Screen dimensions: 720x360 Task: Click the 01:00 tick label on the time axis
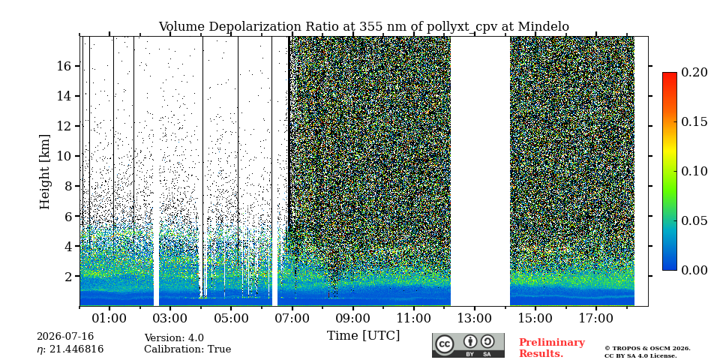109,318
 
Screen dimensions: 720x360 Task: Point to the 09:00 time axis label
352,318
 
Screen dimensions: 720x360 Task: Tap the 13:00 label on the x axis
474,318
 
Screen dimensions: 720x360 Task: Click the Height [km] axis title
44,172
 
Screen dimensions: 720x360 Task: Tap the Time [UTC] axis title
363,336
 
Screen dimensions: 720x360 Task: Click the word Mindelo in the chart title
543,27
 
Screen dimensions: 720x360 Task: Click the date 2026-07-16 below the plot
65,337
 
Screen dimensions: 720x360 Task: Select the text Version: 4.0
174,338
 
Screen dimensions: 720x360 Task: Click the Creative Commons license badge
468,345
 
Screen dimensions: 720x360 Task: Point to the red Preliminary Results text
552,347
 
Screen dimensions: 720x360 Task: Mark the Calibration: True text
187,349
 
